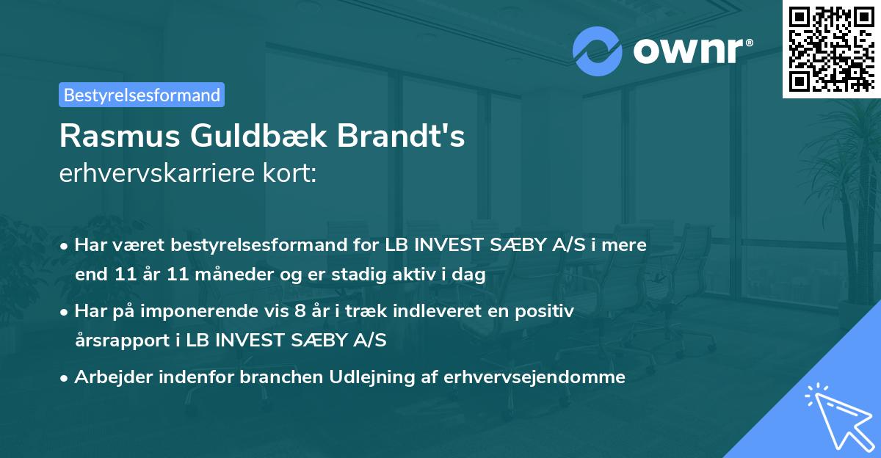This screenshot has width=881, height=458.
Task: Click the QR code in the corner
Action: (830, 48)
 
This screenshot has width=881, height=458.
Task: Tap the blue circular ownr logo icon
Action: (597, 51)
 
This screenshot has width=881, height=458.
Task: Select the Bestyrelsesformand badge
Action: (142, 95)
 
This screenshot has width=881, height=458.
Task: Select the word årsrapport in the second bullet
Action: (123, 341)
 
